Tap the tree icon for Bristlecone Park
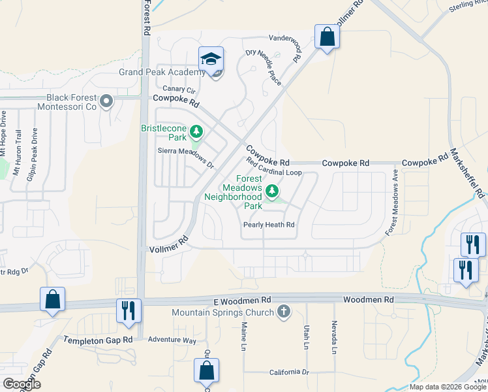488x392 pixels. (x=195, y=133)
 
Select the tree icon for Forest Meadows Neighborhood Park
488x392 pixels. (x=272, y=191)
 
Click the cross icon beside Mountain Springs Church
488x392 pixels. (x=283, y=312)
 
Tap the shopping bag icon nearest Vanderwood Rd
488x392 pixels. (x=327, y=37)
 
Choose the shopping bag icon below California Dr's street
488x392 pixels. (x=206, y=370)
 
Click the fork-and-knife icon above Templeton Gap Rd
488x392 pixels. (x=128, y=310)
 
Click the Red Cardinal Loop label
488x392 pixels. (x=273, y=167)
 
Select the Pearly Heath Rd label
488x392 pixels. (x=269, y=225)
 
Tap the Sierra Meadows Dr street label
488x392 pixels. (x=186, y=157)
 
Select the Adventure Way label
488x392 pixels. (x=172, y=340)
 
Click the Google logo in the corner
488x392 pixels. (x=21, y=384)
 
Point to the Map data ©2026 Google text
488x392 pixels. (x=447, y=387)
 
